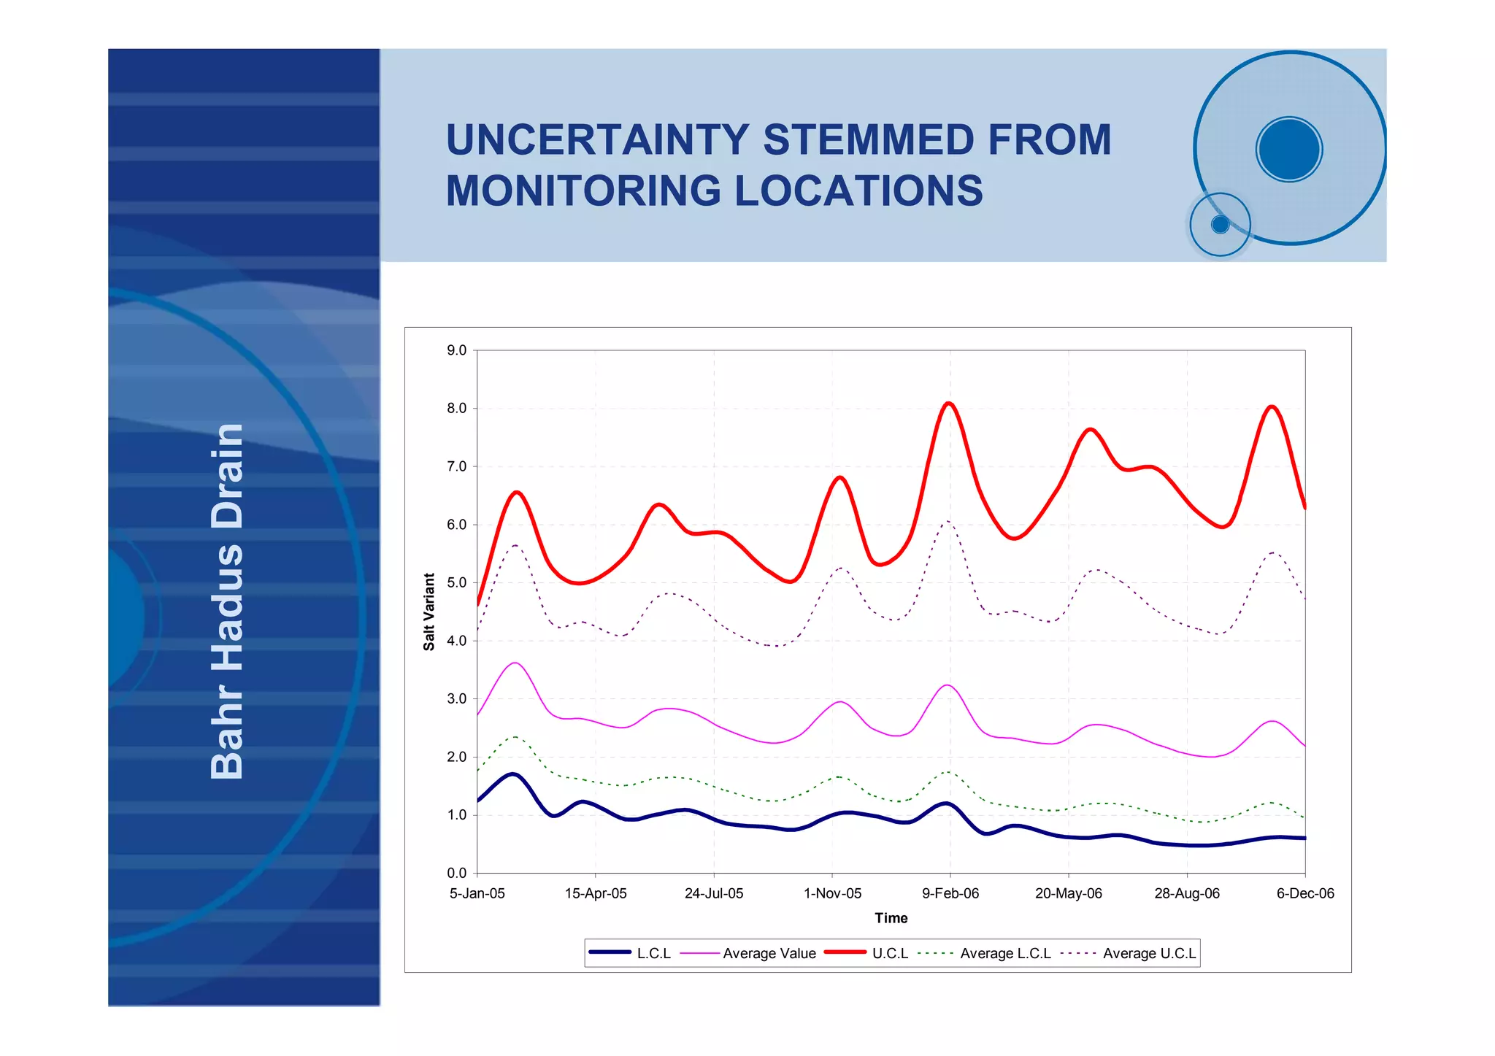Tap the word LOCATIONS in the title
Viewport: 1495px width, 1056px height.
coord(858,191)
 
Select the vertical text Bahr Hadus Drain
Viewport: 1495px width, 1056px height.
coord(227,601)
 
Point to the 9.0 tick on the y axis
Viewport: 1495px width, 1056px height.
coord(457,350)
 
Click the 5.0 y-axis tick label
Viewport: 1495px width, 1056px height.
coord(457,582)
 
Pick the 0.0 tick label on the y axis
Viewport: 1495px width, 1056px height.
coord(457,873)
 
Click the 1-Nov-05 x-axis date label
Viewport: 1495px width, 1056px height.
coord(832,894)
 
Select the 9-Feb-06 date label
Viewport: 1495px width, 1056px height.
coord(950,894)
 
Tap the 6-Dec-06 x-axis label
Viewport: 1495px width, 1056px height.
coord(1304,894)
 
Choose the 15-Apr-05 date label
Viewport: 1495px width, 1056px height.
coord(596,894)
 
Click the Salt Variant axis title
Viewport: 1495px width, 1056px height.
coord(429,612)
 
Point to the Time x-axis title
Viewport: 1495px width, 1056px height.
coord(891,918)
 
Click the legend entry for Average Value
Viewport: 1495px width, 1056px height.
coord(769,954)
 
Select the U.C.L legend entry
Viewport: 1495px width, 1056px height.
coord(889,954)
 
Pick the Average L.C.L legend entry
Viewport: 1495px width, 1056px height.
coord(1004,954)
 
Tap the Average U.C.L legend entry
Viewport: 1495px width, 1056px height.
coord(1148,954)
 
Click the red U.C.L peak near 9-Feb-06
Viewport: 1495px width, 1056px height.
coord(948,404)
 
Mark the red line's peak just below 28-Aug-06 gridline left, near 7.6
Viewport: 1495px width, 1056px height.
coord(1091,429)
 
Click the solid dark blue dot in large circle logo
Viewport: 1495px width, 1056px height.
coord(1289,149)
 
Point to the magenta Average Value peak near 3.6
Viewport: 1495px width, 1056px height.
coord(515,663)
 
